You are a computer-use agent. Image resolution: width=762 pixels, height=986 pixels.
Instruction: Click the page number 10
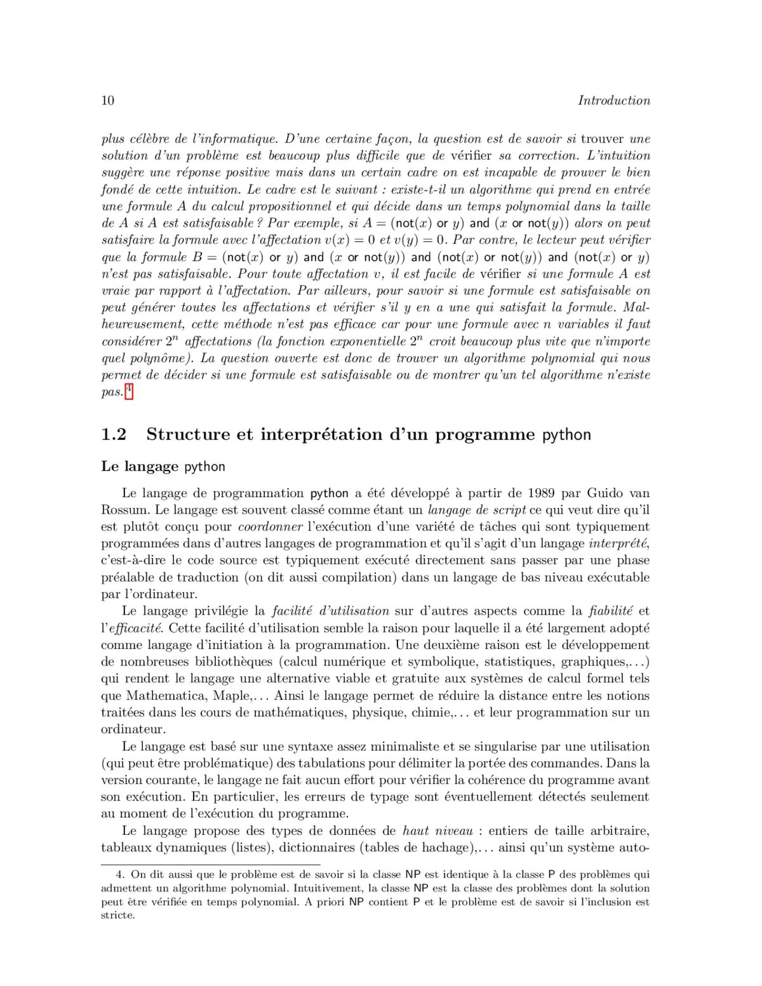(x=107, y=100)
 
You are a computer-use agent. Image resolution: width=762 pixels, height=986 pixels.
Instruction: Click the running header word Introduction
(x=614, y=100)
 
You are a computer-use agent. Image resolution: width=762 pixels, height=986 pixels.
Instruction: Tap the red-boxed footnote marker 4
(x=129, y=390)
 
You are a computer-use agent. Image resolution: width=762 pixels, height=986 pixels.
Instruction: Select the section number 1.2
(x=114, y=434)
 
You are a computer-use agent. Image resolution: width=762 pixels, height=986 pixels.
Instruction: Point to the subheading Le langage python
(x=163, y=466)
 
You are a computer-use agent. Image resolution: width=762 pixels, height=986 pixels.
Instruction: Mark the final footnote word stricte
(x=118, y=916)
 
